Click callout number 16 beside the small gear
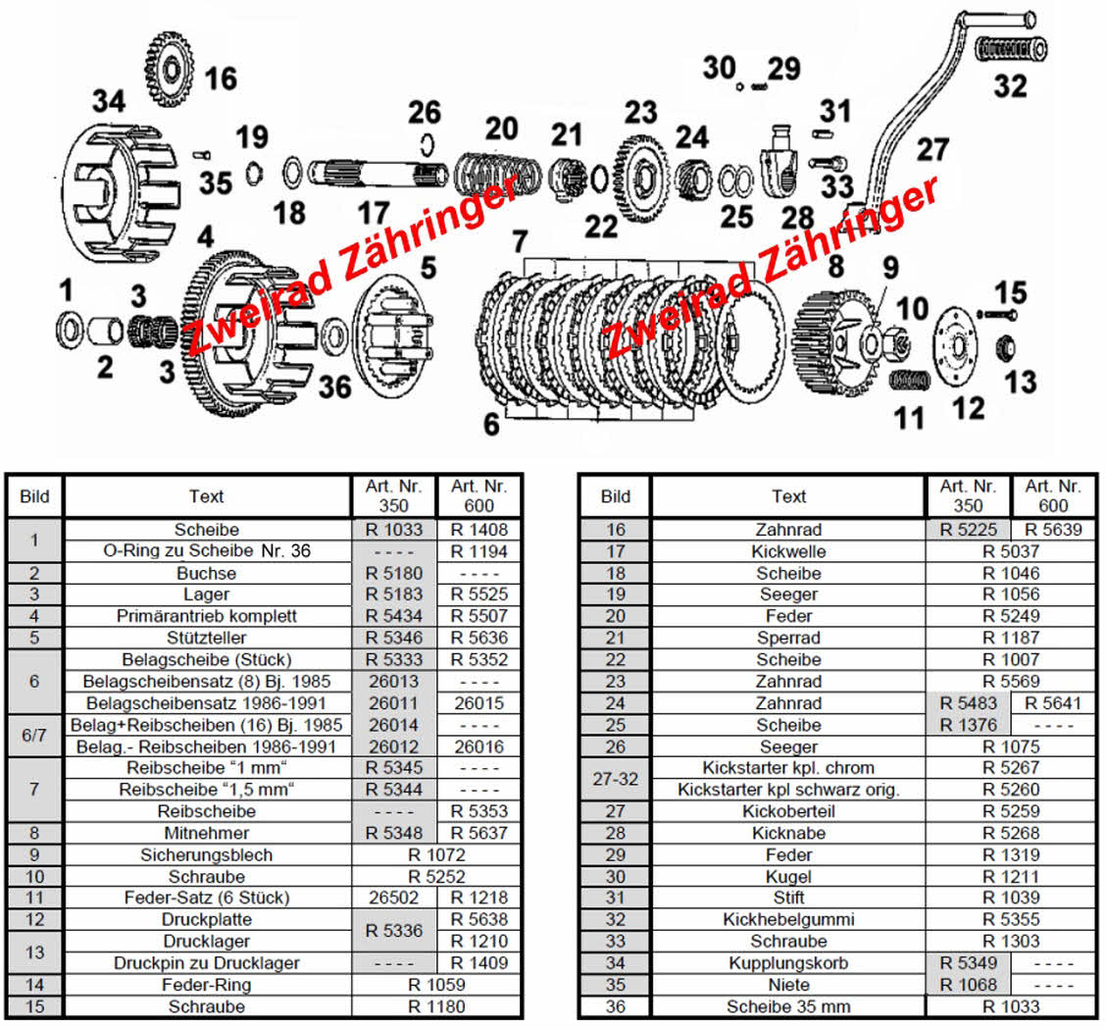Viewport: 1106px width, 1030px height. pyautogui.click(x=221, y=77)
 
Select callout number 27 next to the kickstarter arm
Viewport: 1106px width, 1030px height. pyautogui.click(x=932, y=149)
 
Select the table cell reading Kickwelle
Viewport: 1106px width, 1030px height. pyautogui.click(x=788, y=551)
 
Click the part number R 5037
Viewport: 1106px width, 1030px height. pyautogui.click(x=1011, y=551)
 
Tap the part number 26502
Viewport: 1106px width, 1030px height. pyautogui.click(x=393, y=898)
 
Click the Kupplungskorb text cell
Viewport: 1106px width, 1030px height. pyautogui.click(x=788, y=963)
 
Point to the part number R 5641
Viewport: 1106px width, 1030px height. pyautogui.click(x=1053, y=703)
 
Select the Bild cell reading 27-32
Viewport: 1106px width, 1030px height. pyautogui.click(x=615, y=779)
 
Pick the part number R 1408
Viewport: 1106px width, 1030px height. pyautogui.click(x=478, y=530)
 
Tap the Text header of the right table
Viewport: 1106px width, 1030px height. pyautogui.click(x=788, y=496)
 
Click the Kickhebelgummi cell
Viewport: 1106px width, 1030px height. pyautogui.click(x=788, y=920)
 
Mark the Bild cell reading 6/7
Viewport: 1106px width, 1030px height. pyautogui.click(x=34, y=736)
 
